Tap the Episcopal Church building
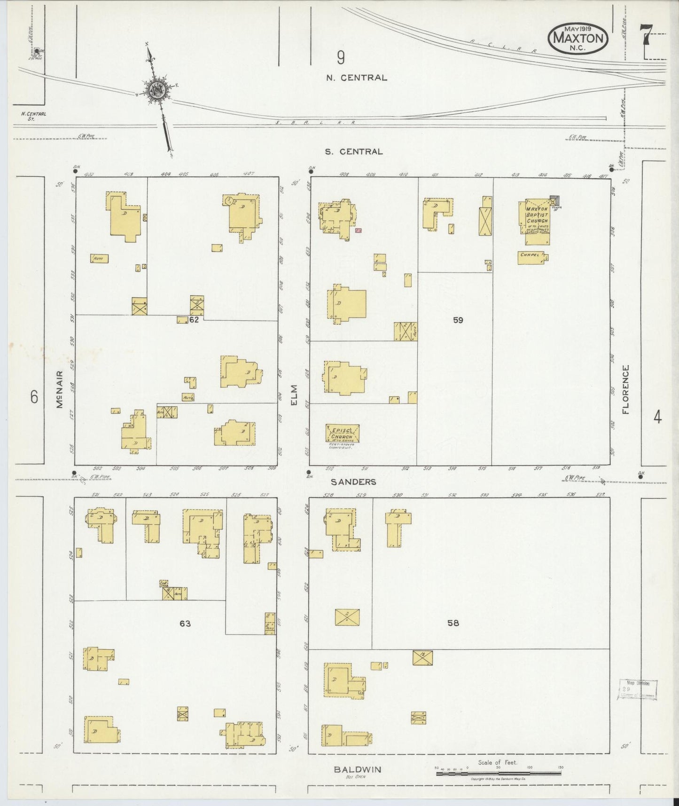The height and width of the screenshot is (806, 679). pos(343,433)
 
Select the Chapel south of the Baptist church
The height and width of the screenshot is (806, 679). pos(531,257)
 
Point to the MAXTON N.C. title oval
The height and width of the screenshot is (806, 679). pos(578,38)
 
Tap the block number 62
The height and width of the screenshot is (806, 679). pos(195,320)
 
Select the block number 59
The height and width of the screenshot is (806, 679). pos(458,320)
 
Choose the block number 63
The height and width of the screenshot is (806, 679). pos(185,624)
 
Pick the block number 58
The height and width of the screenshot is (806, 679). pos(453,624)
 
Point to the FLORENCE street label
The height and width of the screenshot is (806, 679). pos(625,389)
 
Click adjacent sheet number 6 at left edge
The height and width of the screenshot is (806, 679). pos(34,397)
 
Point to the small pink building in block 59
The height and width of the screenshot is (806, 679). pos(359,230)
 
